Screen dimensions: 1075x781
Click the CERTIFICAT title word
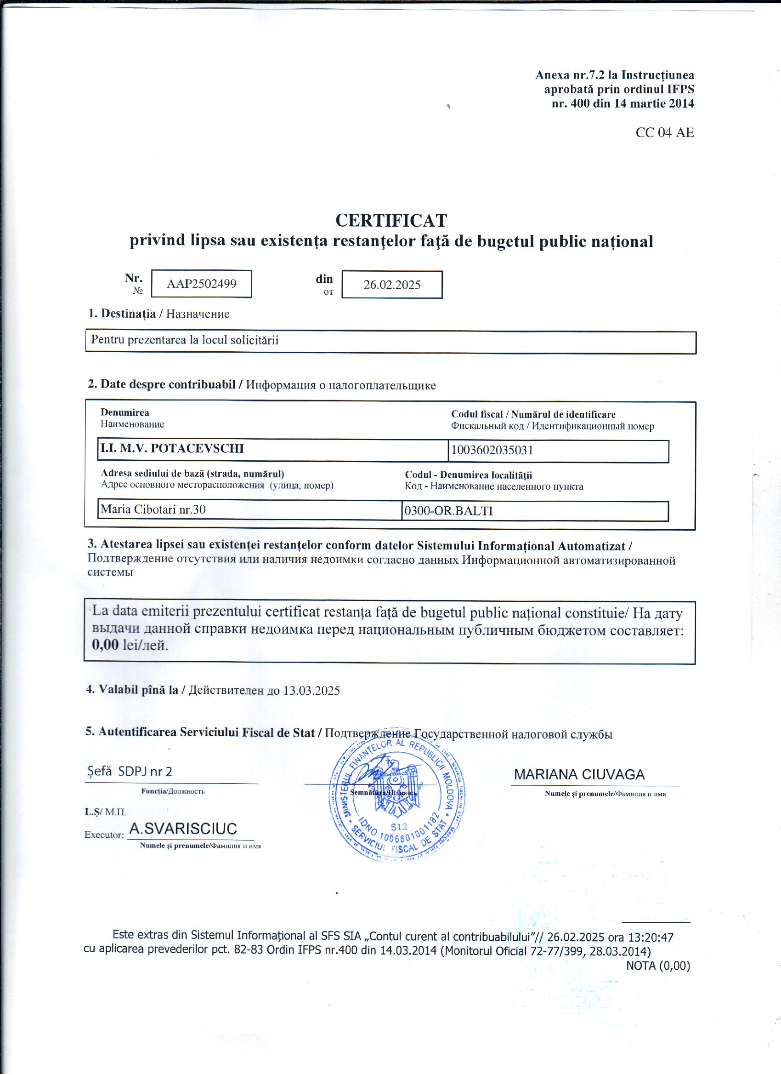point(391,220)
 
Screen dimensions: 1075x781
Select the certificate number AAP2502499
point(201,284)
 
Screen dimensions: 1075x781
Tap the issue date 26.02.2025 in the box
point(392,285)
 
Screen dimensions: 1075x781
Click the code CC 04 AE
point(664,133)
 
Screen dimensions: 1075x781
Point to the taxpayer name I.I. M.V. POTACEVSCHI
point(172,448)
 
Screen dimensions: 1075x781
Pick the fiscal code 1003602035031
point(492,450)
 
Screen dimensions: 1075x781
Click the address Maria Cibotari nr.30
point(153,509)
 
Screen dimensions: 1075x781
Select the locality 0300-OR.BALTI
point(448,511)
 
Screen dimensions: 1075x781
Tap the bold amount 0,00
point(105,645)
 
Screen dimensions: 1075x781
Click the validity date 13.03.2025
point(311,690)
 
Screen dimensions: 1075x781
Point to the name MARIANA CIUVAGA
point(579,774)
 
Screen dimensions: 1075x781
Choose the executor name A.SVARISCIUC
point(183,829)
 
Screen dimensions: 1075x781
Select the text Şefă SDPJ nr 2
point(129,772)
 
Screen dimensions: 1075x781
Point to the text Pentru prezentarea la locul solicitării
point(185,340)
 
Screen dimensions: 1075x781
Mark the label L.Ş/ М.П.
point(105,812)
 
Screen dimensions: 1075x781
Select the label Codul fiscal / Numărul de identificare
point(533,414)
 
